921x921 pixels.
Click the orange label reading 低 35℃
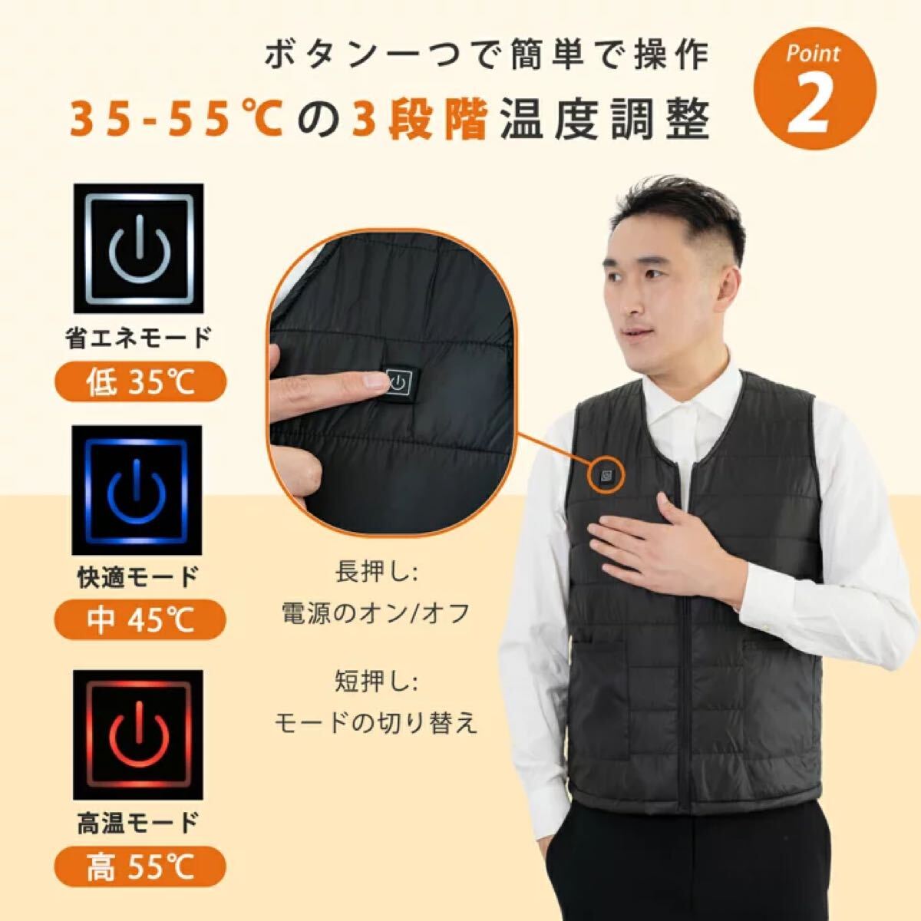[x=141, y=381]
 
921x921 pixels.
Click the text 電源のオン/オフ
[x=375, y=614]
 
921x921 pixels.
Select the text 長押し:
[x=375, y=573]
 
